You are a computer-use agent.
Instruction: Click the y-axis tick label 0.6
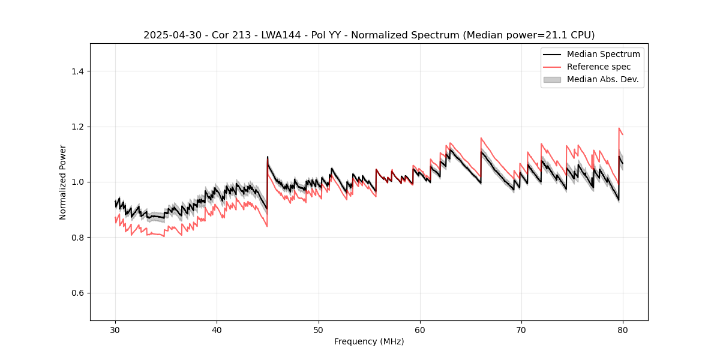coord(77,293)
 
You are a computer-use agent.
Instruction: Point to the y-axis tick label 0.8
coord(77,238)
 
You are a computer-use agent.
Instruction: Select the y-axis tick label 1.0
coord(77,182)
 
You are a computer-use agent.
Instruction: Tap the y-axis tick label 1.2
coord(77,127)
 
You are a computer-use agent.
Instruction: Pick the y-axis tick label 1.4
coord(77,71)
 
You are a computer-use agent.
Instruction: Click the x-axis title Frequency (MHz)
coord(369,341)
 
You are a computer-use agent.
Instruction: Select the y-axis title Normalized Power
coord(63,182)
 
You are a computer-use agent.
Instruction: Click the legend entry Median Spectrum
coord(603,54)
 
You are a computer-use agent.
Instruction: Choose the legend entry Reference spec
coord(598,67)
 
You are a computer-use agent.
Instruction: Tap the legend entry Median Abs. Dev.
coord(602,79)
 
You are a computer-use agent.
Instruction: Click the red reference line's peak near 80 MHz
coord(619,128)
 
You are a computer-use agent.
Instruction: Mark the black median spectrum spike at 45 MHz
coord(268,157)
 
